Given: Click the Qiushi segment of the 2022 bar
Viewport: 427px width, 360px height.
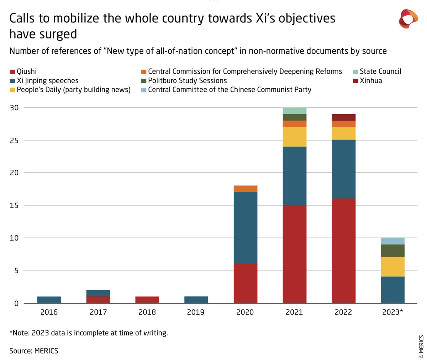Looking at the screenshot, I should click(x=343, y=251).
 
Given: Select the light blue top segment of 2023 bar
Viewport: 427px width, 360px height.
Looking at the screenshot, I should click(x=392, y=241).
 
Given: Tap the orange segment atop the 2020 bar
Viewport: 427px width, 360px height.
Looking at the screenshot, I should click(x=246, y=189).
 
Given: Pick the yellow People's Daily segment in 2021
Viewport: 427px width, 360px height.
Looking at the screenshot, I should click(x=295, y=137).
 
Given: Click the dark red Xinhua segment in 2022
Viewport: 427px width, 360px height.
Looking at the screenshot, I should click(x=343, y=117).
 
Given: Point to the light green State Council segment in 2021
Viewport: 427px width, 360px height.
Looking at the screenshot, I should click(x=295, y=111).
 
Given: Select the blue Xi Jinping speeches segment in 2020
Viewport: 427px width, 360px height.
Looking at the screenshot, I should click(x=246, y=228).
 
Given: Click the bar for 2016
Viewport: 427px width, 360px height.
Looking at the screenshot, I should click(x=49, y=300).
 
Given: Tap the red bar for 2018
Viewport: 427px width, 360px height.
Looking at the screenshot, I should click(x=147, y=300).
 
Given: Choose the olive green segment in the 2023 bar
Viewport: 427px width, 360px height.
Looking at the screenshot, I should click(x=392, y=250).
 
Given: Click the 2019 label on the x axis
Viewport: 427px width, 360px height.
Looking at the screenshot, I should click(x=196, y=312).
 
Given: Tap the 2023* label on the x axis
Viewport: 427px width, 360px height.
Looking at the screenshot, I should click(x=393, y=312).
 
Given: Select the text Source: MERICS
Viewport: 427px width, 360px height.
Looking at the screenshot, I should click(x=34, y=351).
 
